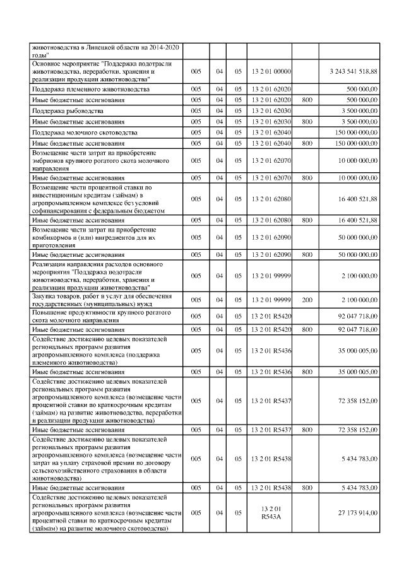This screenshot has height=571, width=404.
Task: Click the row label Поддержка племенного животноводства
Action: click(91, 90)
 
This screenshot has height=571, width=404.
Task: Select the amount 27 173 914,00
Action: click(358, 513)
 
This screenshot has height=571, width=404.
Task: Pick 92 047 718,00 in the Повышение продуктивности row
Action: click(358, 315)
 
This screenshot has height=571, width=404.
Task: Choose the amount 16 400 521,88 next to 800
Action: click(358, 220)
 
